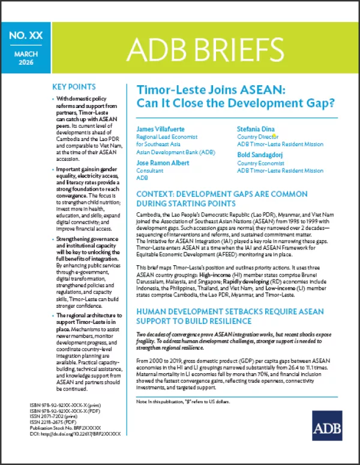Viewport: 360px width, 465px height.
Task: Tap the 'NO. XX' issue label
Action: pyautogui.click(x=26, y=36)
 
